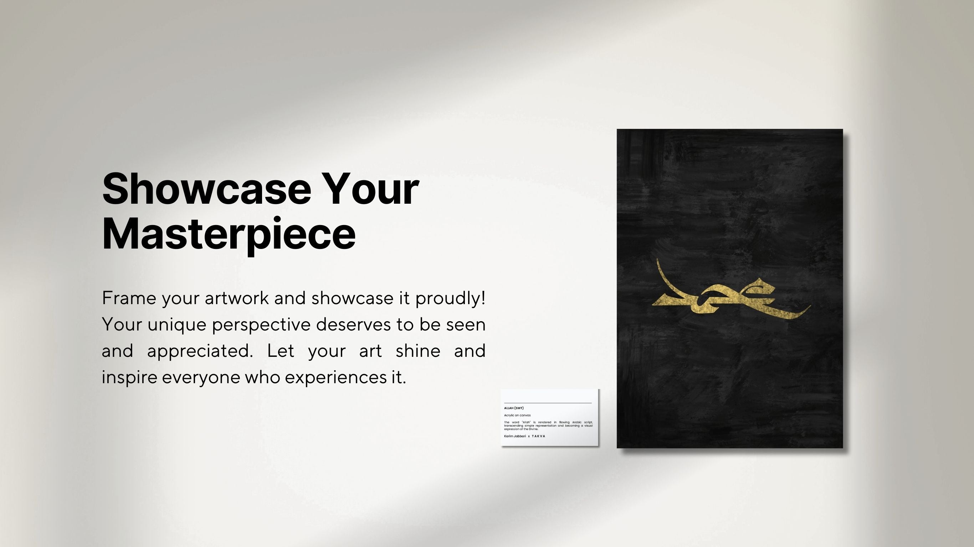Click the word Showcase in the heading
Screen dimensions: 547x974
pyautogui.click(x=206, y=189)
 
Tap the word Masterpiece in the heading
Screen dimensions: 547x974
pyautogui.click(x=229, y=234)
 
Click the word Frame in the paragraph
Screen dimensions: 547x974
pyautogui.click(x=129, y=298)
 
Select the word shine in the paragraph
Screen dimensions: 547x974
pyautogui.click(x=418, y=351)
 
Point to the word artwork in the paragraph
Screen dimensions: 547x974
pyautogui.click(x=236, y=298)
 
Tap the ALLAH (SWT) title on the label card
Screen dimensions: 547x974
pyautogui.click(x=514, y=408)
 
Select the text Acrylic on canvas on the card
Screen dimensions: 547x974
pyautogui.click(x=517, y=415)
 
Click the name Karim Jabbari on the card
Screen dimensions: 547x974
pyautogui.click(x=514, y=436)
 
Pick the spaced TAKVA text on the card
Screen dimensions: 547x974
pyautogui.click(x=538, y=436)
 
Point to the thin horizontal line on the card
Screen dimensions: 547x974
pyautogui.click(x=548, y=403)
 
